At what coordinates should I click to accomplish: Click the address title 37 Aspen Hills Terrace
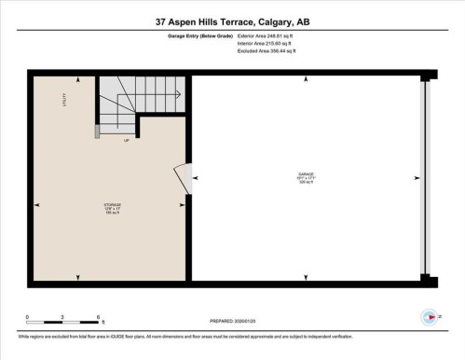pos(232,20)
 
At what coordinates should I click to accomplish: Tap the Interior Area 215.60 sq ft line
pos(272,45)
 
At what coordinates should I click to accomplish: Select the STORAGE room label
pos(112,206)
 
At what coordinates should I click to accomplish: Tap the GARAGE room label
pos(307,175)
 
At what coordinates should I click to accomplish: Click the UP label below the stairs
pos(127,141)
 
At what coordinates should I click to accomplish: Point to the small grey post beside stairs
pos(97,130)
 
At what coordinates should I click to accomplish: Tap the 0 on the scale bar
pos(27,317)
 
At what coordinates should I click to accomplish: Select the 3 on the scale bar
pos(62,317)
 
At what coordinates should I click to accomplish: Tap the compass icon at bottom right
pos(430,317)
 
